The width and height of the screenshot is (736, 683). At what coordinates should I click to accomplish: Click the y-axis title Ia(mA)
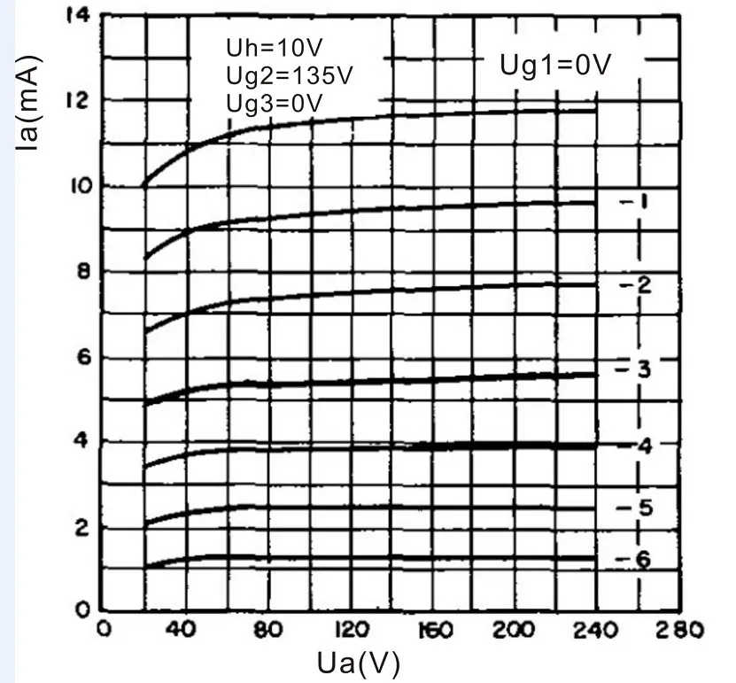pyautogui.click(x=29, y=103)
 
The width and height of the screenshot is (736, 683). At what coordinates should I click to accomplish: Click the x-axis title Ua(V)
pyautogui.click(x=359, y=664)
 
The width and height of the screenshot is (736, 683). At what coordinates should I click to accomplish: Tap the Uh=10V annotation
pyautogui.click(x=275, y=48)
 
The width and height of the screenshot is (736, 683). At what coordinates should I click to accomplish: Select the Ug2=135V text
pyautogui.click(x=289, y=75)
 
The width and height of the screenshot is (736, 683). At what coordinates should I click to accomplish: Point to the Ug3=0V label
pyautogui.click(x=275, y=104)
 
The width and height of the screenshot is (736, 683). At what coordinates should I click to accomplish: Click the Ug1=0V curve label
pyautogui.click(x=555, y=65)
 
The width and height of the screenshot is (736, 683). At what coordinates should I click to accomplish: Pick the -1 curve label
pyautogui.click(x=634, y=202)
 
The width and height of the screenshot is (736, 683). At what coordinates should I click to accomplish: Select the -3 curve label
pyautogui.click(x=633, y=369)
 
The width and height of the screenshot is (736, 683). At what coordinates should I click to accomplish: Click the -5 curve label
pyautogui.click(x=634, y=508)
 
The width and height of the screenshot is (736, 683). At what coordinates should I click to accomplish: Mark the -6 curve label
pyautogui.click(x=632, y=559)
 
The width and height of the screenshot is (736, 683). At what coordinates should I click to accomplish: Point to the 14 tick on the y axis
pyautogui.click(x=77, y=16)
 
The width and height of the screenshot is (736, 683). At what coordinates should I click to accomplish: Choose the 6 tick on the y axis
pyautogui.click(x=83, y=358)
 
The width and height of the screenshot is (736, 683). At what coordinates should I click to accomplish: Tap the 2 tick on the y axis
pyautogui.click(x=82, y=529)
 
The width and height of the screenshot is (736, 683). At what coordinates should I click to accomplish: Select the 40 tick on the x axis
pyautogui.click(x=181, y=629)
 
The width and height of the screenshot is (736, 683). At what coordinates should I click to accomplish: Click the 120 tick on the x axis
pyautogui.click(x=352, y=629)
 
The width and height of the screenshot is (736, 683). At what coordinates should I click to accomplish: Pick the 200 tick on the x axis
pyautogui.click(x=513, y=629)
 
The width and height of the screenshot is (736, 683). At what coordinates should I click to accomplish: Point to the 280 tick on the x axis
pyautogui.click(x=679, y=629)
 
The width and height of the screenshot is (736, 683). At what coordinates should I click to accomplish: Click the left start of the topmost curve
pyautogui.click(x=144, y=186)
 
